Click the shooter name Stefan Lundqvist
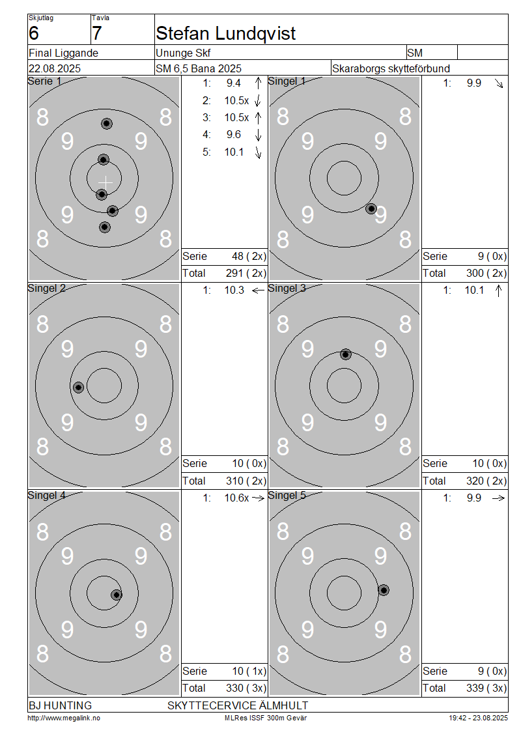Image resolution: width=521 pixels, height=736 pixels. pos(225,34)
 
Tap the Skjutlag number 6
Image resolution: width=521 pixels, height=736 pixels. pos(34,33)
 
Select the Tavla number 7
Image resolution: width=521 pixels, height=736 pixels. pos(96,33)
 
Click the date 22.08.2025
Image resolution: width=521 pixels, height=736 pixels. pos(55,68)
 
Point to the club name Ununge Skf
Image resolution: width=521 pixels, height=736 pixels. pos(183,53)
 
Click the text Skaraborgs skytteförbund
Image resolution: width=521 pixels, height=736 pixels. pos(391,68)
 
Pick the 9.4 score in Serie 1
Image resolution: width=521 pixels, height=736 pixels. pos(233,83)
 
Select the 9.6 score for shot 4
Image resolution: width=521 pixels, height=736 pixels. pos(233,135)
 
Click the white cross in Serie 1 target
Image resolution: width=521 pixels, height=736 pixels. pos(106,182)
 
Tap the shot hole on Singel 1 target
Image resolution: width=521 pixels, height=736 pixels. pos(371,209)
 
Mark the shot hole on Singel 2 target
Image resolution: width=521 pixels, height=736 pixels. pos(78,388)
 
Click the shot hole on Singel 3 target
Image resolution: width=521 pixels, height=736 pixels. pos(345,354)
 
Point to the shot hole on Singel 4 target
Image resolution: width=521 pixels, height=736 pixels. pos(117,595)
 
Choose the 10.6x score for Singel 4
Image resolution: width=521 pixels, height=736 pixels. pos(236,498)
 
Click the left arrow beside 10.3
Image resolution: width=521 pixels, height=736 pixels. pos(258,290)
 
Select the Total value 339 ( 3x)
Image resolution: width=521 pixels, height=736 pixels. pos(486,688)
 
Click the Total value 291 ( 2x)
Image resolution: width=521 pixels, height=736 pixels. pos(246,273)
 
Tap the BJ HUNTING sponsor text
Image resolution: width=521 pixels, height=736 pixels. pos(60,705)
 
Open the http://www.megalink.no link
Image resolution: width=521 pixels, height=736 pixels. pos(64,718)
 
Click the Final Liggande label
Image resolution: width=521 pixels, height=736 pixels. pos(63,53)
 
